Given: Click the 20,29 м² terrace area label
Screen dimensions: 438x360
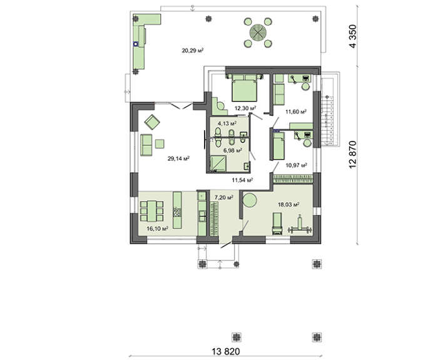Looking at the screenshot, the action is (192, 51).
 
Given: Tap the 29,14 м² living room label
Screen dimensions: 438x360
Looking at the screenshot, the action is (178, 159).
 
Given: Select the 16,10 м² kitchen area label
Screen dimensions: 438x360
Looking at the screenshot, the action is (157, 229).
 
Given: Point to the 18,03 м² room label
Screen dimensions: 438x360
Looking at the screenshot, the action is (288, 205).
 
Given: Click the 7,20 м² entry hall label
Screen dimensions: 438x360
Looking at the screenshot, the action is (224, 198).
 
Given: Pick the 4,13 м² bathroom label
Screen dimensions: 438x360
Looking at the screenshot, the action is (227, 123).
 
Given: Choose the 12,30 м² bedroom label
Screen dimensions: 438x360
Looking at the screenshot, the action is (245, 108).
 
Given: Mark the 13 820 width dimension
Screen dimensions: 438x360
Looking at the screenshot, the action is (226, 351).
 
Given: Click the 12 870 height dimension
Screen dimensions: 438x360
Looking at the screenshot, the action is (353, 155).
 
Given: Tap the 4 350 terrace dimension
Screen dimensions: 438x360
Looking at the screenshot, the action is (353, 36).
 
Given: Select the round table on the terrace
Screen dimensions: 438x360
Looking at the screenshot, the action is (258, 32).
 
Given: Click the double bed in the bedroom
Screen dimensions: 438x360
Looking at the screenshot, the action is (245, 88).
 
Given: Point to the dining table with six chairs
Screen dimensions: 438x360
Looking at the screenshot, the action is (152, 211).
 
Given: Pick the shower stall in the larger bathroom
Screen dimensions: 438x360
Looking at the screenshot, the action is (218, 164).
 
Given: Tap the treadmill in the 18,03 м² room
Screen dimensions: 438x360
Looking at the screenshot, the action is (277, 224).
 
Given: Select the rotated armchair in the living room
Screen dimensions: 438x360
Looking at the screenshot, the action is (152, 122).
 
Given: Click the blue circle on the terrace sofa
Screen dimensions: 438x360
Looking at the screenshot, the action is (136, 44).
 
